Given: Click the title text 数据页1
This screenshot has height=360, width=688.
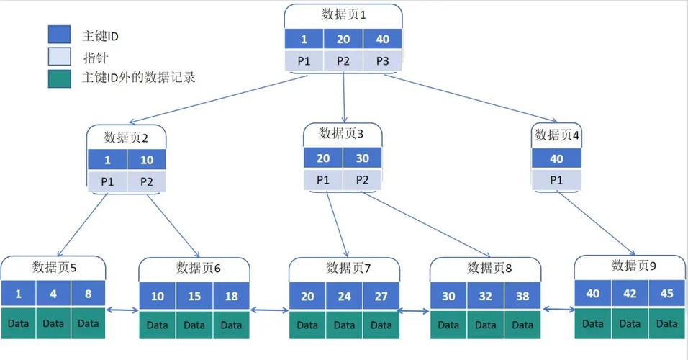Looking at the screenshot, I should pos(343,14).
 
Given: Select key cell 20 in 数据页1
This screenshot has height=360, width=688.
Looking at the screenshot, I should pos(343,40).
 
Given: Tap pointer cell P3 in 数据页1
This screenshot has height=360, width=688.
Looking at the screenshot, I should pos(382,61).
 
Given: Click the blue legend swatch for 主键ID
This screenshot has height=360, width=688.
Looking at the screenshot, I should pos(59,35).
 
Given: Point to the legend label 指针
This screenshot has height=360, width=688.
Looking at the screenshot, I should pos(95,56).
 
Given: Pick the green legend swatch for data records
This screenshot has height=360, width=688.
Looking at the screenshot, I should pos(59,78).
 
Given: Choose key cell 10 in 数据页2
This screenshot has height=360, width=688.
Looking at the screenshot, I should pos(147,160).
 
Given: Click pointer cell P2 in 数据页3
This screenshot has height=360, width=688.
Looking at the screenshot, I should pos(362,179).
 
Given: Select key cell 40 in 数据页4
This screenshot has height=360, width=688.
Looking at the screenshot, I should pos(556,159).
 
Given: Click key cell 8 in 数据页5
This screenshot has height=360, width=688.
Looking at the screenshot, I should pos(88,294).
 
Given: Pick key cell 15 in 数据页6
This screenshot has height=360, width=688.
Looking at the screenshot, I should pos(195,296).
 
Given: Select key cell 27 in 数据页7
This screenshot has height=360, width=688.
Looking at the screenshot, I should pos(381,296).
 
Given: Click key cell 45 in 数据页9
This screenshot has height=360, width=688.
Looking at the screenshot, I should pos(666,294).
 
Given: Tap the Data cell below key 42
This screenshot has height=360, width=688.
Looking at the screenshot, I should pos(630,323).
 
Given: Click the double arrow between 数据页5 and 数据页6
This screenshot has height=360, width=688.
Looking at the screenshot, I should pos(122,310).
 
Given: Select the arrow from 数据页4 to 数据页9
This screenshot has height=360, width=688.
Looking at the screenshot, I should pos(597,222).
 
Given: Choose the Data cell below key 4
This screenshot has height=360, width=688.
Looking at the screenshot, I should pos(53,323).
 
